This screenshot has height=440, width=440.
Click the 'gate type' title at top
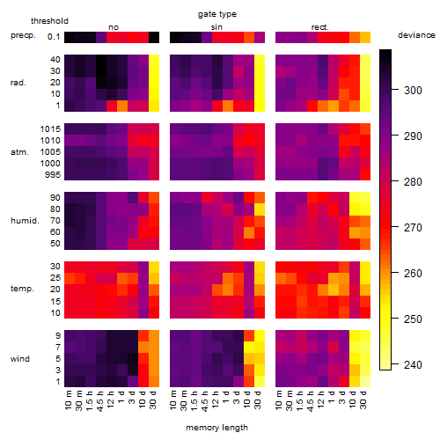[217, 14]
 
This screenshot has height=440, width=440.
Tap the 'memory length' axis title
[216, 428]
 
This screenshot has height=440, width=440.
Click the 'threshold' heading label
[49, 21]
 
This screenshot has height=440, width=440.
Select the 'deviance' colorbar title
[416, 35]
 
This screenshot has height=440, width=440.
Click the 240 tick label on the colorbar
[413, 365]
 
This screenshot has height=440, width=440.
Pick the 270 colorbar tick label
[413, 228]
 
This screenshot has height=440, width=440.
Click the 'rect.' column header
[319, 27]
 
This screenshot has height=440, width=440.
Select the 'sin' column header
[216, 27]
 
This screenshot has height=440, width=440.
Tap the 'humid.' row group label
[25, 221]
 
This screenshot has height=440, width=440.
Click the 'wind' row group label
[20, 359]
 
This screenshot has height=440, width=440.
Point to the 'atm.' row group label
[19, 152]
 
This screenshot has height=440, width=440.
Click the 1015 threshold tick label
[50, 129]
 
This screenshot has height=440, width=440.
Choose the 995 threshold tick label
[53, 175]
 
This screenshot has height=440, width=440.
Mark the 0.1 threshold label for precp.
[54, 37]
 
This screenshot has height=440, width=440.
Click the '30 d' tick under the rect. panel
[363, 400]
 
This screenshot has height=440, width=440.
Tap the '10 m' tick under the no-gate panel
[68, 400]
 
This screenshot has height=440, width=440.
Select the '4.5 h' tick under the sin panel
[205, 401]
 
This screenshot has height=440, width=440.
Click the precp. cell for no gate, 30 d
[154, 37]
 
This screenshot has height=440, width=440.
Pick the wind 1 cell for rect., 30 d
[365, 381]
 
